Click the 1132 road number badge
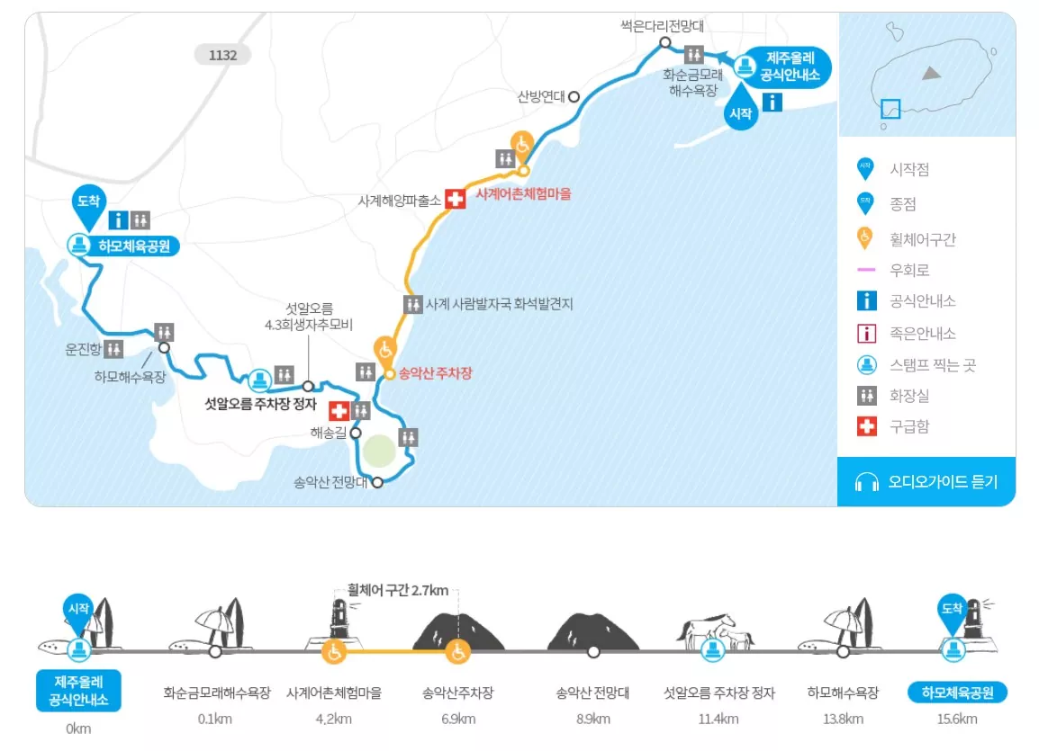coord(222,55)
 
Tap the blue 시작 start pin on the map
coord(741,112)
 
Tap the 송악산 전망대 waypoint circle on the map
coord(377,482)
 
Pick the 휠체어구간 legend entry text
coord(922,238)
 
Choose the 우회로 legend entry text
coord(909,270)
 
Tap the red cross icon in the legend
coord(866,426)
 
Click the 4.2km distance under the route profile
coord(334,719)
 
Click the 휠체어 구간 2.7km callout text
coord(398,591)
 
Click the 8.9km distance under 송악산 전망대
coord(592,719)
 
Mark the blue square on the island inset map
coord(890,109)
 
